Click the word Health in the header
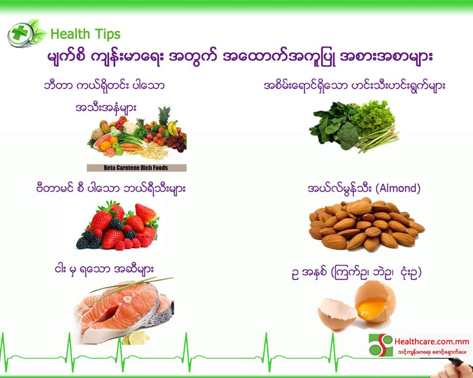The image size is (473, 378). pos(70,34)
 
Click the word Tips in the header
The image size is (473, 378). pos(107,34)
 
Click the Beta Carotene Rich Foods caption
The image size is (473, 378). pos(136,168)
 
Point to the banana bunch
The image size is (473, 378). pos(173,128)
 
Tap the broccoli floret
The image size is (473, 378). pos(347,136)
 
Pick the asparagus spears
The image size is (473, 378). pos(376,139)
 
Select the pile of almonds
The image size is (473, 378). pos(366,224)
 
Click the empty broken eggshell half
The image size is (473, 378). pos(337,314)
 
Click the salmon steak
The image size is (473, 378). pos(124,311)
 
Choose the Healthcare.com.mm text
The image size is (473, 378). pos(432,342)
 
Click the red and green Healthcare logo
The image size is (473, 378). pos(381,345)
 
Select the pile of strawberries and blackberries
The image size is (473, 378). pos(118,225)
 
